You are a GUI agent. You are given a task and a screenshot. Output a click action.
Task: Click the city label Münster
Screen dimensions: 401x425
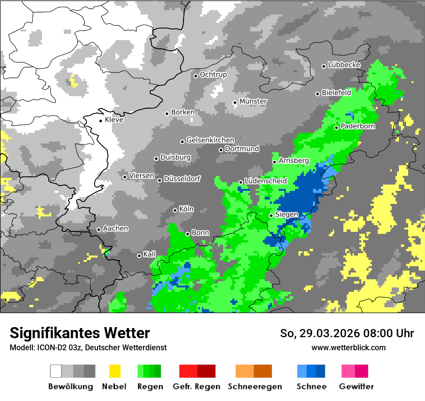point(253,101)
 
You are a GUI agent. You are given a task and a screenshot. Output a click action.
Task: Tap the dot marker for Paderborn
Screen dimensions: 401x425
point(337,128)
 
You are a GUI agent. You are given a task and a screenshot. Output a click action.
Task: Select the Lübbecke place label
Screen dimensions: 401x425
point(344,65)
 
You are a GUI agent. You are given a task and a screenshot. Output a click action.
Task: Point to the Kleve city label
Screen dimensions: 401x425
point(114,120)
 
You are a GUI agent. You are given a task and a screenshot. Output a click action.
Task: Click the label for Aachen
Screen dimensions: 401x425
point(115,229)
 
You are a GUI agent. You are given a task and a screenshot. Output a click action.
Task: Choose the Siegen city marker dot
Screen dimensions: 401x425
point(271,215)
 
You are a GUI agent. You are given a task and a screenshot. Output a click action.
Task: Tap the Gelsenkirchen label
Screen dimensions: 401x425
point(210,140)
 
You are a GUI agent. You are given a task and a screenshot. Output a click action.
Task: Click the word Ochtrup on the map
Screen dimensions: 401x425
point(213,75)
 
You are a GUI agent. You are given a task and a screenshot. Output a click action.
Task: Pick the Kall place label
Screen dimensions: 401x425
point(150,254)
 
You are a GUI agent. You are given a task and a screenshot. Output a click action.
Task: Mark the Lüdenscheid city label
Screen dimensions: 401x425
point(266,181)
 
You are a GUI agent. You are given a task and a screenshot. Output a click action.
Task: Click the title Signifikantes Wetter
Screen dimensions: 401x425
point(80,333)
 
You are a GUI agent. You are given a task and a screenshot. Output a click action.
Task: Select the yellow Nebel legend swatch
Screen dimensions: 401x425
point(114,371)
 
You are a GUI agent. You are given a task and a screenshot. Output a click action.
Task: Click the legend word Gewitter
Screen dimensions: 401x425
point(356,387)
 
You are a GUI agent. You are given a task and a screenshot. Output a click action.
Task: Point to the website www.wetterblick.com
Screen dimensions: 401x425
point(348,347)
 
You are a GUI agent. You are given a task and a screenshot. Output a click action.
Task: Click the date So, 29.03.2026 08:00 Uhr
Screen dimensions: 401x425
point(347,333)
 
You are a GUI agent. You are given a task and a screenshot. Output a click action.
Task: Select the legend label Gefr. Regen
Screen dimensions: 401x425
point(197,387)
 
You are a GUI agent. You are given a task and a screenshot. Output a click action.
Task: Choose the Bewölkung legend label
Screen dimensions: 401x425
point(71,387)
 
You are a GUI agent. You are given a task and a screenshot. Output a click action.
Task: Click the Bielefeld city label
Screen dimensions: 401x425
point(336,92)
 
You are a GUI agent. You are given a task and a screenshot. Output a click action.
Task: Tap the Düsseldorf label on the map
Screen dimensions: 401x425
point(182,179)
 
